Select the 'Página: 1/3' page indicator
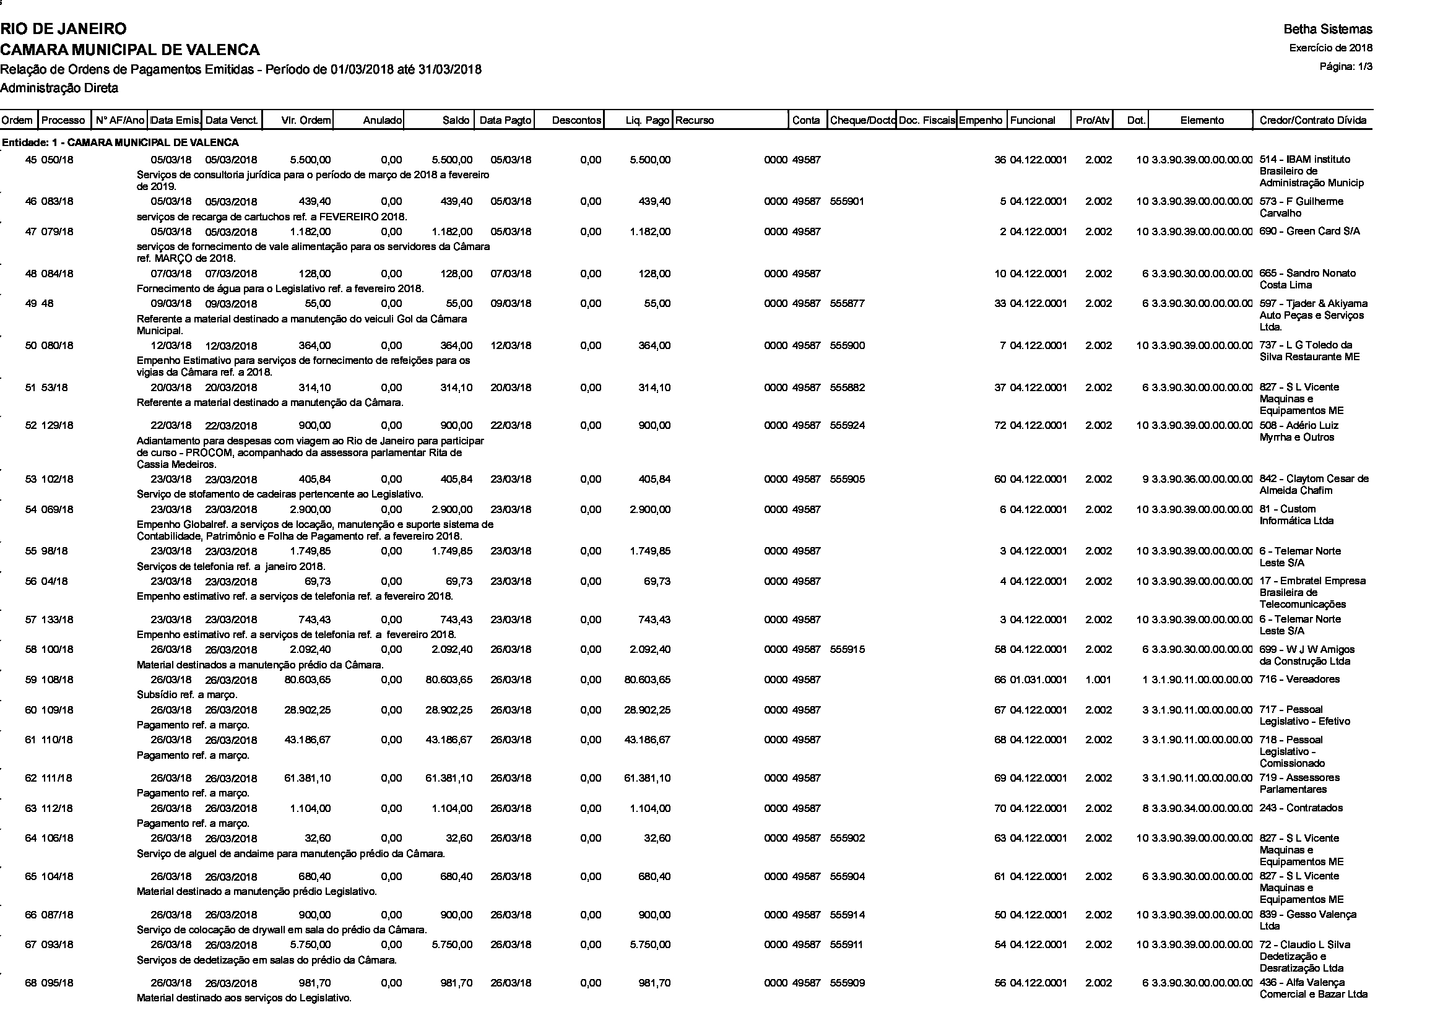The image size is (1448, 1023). point(1346,67)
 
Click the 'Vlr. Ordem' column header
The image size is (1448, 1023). point(306,121)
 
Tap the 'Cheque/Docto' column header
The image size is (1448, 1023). point(862,121)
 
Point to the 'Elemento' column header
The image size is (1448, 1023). point(1202,121)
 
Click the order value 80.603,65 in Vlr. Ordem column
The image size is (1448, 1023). point(307,680)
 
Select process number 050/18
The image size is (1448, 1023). point(58,160)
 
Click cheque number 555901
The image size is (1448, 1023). point(847,202)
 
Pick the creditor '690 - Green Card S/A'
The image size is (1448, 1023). point(1309,231)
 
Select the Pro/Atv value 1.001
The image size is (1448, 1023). point(1098,680)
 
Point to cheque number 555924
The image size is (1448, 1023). point(847,425)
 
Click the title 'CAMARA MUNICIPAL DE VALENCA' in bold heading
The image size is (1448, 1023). point(130,49)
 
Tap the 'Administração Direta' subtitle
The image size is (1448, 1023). point(59,88)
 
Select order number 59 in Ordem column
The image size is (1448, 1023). point(31,680)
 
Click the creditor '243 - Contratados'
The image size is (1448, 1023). point(1301,808)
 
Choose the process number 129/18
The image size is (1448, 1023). point(58,425)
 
